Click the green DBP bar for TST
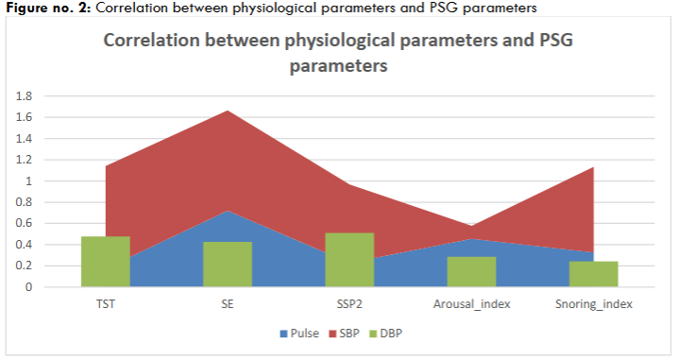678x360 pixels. (105, 262)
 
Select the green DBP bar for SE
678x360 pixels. (228, 265)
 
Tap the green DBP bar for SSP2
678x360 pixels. (349, 260)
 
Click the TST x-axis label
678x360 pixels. (105, 304)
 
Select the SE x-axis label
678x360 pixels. (228, 304)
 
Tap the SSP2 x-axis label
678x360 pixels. (349, 304)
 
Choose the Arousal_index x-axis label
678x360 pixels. (471, 304)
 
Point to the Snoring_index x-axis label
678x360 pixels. (593, 304)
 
